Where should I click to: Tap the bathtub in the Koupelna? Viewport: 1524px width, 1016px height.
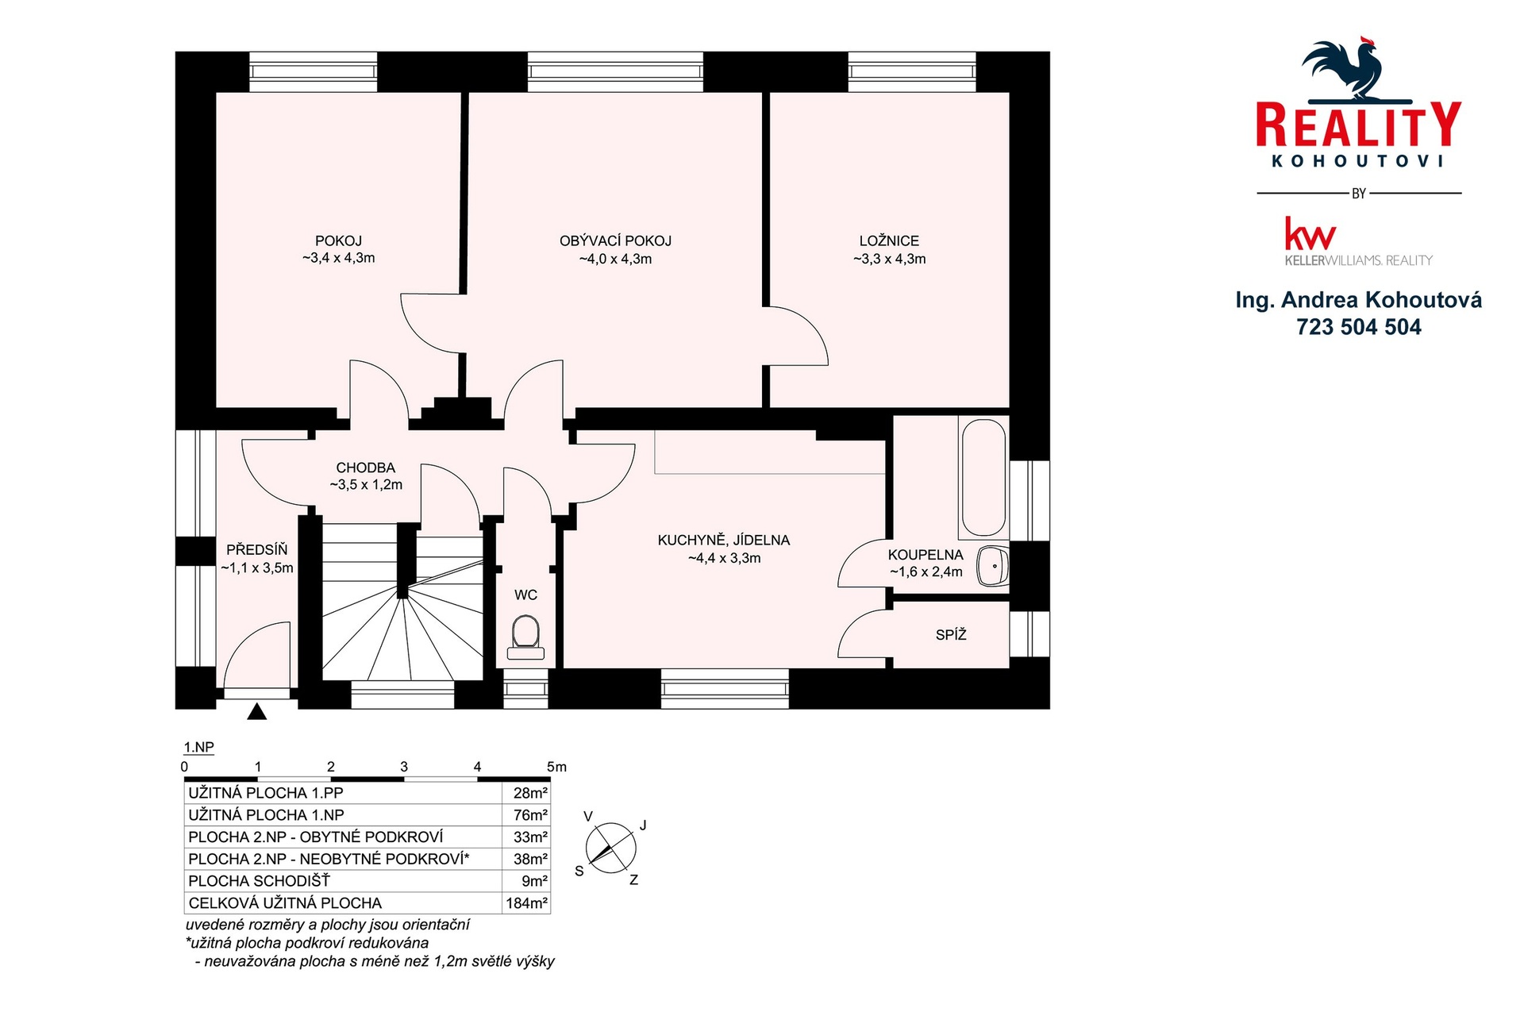tap(983, 477)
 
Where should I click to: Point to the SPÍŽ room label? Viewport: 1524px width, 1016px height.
tap(951, 635)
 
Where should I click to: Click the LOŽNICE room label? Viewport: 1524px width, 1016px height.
tap(889, 241)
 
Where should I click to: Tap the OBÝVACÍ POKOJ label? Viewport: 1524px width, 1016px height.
tap(615, 241)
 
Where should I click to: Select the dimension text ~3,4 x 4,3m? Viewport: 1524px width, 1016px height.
tap(338, 258)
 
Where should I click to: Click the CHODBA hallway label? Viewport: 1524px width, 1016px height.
tap(365, 468)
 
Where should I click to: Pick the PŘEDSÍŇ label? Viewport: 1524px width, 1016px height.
tap(256, 549)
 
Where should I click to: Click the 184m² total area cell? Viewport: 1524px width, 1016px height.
tap(527, 903)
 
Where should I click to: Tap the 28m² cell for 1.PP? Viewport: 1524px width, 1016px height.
tap(530, 793)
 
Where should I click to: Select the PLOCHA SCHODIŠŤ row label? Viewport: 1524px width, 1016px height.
tap(259, 881)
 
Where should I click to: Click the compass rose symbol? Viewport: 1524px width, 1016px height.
tap(611, 849)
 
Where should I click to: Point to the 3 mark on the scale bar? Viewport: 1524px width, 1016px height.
tap(404, 767)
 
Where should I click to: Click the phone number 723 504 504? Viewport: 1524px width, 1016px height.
tap(1359, 327)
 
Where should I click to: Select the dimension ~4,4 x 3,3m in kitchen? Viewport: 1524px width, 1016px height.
tap(724, 558)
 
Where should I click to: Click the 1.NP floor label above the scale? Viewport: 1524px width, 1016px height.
tap(198, 748)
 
